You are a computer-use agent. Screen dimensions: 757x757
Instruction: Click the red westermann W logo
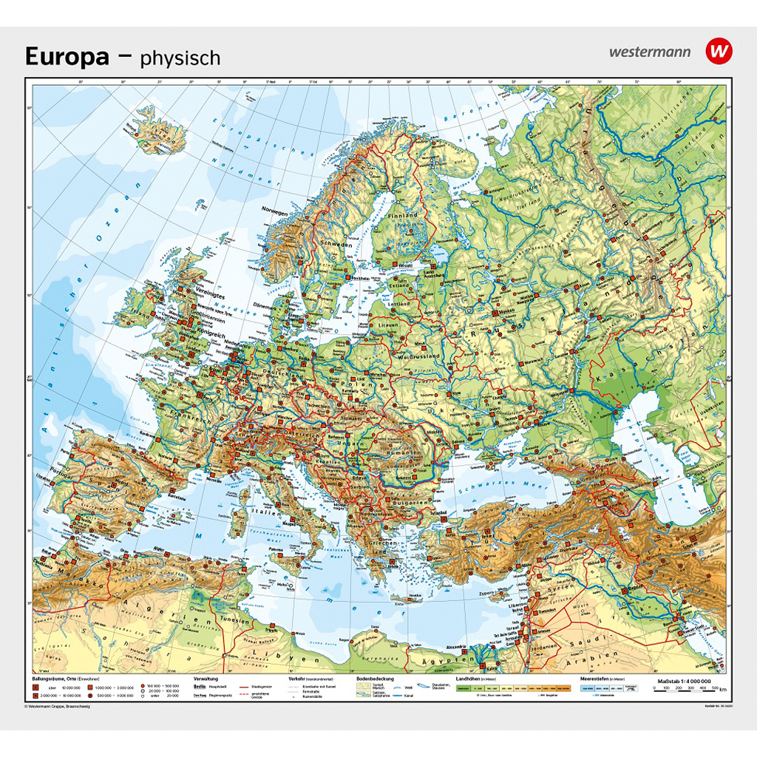[x=718, y=51]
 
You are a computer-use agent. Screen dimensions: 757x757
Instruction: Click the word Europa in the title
[x=67, y=56]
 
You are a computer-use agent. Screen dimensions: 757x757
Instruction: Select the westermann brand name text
[x=650, y=52]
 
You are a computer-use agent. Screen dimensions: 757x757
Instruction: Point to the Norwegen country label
[x=274, y=211]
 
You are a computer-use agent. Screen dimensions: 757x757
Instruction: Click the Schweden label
[x=336, y=242]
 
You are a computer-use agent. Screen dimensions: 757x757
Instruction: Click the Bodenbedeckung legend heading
[x=375, y=679]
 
